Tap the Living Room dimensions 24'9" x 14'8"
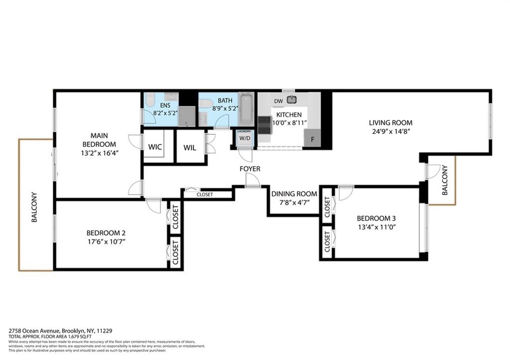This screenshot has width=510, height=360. click(390, 132)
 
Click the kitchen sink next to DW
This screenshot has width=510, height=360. click(291, 100)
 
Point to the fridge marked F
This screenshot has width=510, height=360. click(312, 139)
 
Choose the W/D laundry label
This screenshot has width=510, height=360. click(244, 138)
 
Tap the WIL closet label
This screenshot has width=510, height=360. click(190, 147)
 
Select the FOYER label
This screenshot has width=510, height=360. click(250, 169)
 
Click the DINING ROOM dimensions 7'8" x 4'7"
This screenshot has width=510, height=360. click(294, 203)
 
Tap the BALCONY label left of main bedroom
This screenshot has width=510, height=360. click(34, 207)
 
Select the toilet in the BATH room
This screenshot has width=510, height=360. click(203, 104)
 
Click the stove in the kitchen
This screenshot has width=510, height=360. click(264, 125)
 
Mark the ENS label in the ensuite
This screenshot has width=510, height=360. click(165, 106)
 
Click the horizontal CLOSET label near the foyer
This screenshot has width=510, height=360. click(204, 195)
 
